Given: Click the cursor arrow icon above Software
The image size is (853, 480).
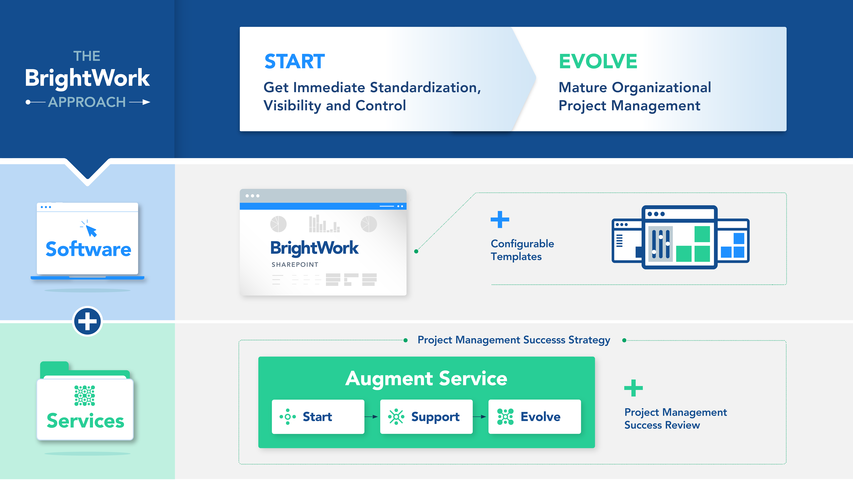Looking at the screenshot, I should point(90,229).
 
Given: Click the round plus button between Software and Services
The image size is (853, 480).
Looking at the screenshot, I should point(87,321).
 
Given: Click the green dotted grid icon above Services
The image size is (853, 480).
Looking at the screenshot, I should point(85,396).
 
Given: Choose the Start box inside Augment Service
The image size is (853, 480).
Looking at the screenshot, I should point(318,417).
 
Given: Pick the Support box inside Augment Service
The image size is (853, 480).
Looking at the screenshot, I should point(426,417).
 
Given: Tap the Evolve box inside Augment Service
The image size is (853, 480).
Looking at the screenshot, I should point(534,417).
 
